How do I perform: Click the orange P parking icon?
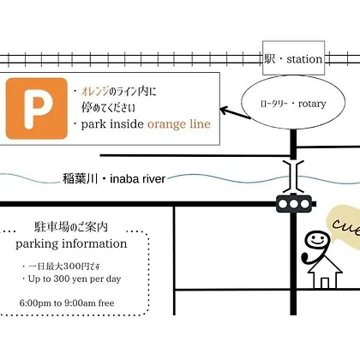pos(37,109)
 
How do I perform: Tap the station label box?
pos(293,57)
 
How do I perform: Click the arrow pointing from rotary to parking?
pos(235,113)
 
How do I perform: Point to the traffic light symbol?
pos(294,204)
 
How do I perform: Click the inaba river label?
pos(114,179)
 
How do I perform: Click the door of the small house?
pos(325,283)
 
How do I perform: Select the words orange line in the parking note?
pos(179,124)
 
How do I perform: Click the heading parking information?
pos(71,243)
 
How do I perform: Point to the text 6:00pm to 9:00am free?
pos(67,303)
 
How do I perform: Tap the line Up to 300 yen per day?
pos(72,279)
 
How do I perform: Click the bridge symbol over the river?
pos(293,177)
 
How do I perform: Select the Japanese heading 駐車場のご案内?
pos(71,227)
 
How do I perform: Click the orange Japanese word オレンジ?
pos(95,91)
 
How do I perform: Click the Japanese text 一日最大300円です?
pos(62,267)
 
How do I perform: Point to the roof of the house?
pos(325,264)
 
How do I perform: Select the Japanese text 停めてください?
pos(108,107)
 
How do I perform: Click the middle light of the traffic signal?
pos(294,204)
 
